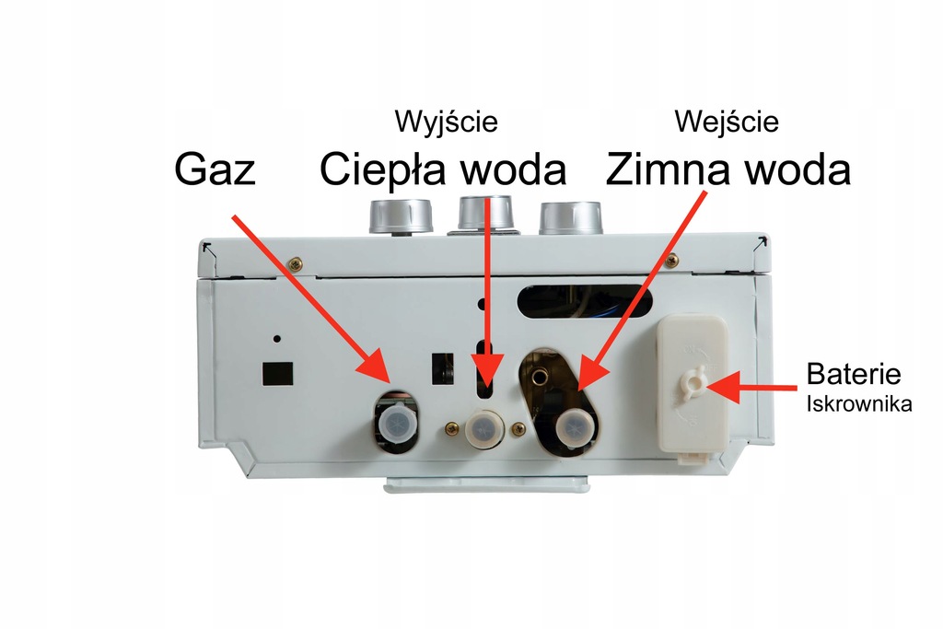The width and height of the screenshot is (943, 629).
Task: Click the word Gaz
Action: (x=215, y=170)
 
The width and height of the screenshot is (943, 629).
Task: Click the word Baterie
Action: (x=853, y=375)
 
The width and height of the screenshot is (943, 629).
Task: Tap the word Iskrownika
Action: (x=859, y=403)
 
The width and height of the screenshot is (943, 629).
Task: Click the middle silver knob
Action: (x=483, y=214)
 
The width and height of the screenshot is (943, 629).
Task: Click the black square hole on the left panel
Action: (x=277, y=372)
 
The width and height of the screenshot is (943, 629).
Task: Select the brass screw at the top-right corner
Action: (x=672, y=262)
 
